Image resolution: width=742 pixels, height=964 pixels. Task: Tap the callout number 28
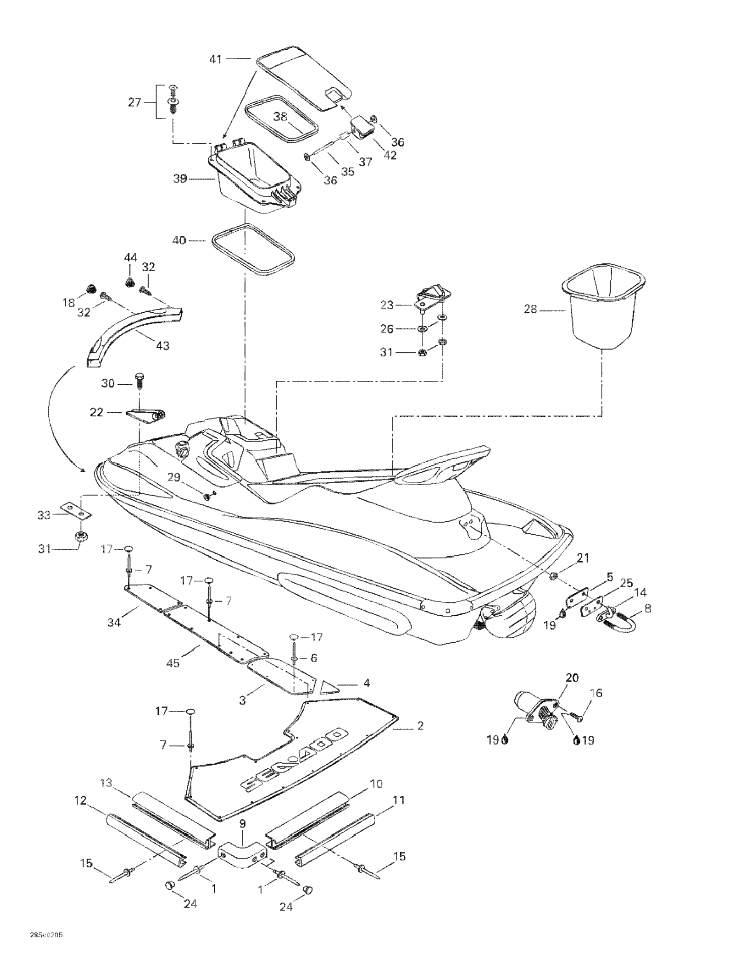[530, 309]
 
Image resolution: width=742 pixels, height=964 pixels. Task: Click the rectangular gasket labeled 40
[253, 250]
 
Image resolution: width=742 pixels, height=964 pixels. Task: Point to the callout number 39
[180, 179]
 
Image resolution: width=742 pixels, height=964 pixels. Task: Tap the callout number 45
[173, 663]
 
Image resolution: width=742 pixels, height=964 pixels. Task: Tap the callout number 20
[572, 678]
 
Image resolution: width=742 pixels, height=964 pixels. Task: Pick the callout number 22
[96, 412]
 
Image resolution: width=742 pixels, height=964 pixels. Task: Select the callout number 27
[134, 103]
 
